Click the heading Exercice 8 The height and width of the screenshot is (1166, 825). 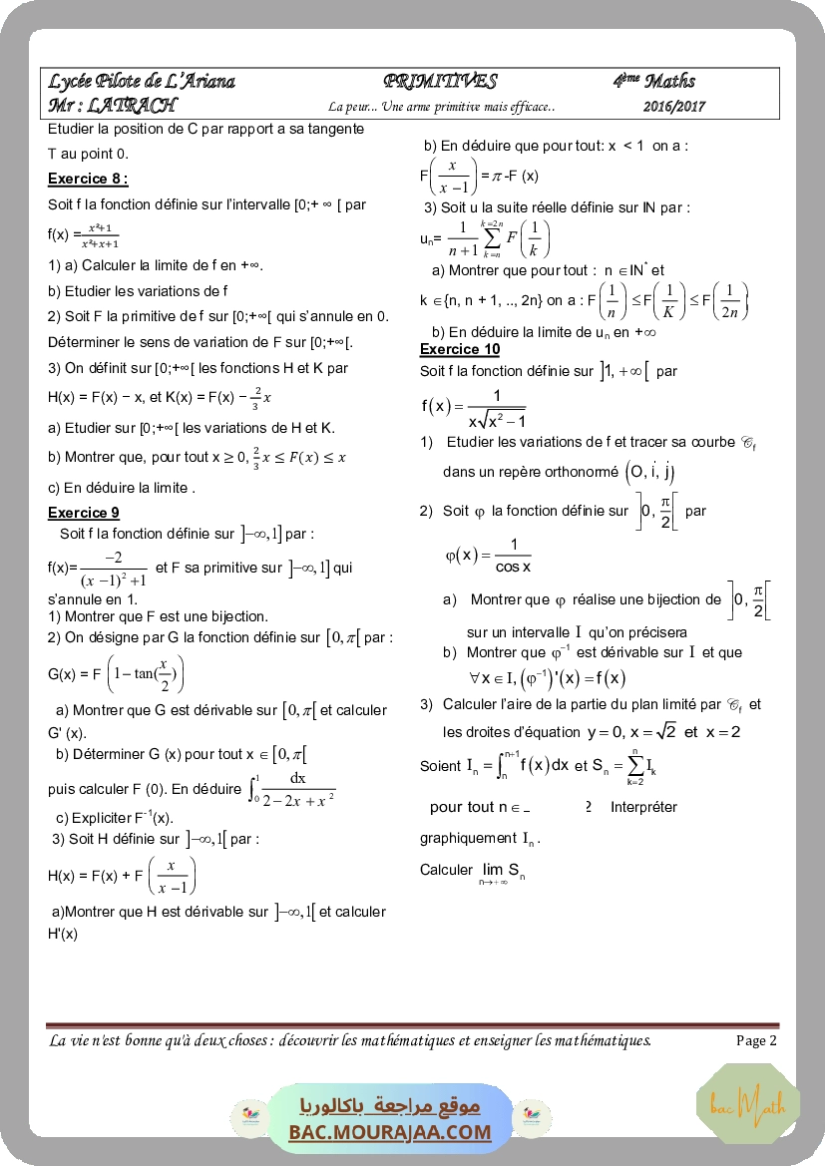pos(88,179)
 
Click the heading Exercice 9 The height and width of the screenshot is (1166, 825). pos(84,513)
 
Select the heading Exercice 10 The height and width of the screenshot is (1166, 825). pos(460,349)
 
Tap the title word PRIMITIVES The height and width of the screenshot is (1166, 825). pos(439,82)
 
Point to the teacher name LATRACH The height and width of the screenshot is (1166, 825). pos(132,105)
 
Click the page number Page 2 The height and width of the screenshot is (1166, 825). pos(756,1040)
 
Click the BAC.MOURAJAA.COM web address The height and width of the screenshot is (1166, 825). pos(390,1131)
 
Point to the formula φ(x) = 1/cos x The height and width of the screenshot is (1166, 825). pos(488,556)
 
